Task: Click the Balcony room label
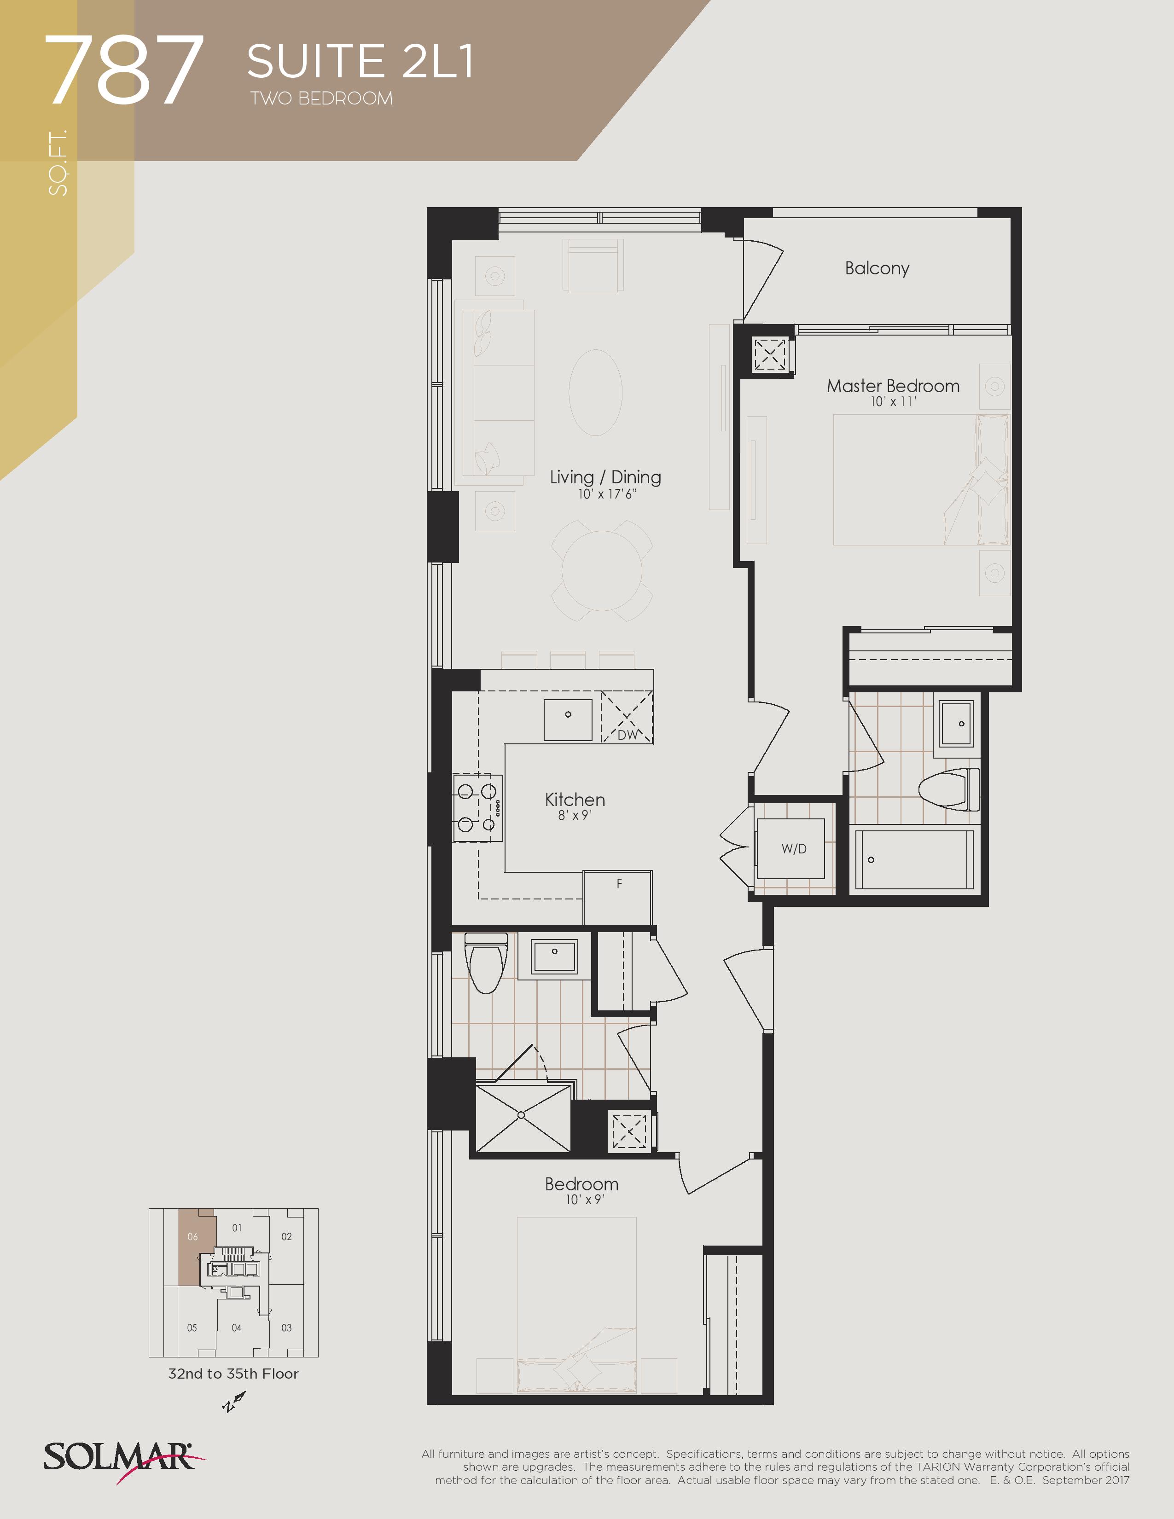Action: pos(877,268)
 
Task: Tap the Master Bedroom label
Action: pos(893,386)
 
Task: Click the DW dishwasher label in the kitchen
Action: pos(627,735)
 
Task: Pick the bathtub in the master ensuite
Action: pos(914,860)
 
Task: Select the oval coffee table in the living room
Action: pos(595,392)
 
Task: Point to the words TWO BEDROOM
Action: pos(322,99)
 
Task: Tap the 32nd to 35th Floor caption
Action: pos(233,1374)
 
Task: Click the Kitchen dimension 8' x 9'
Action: pos(575,815)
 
